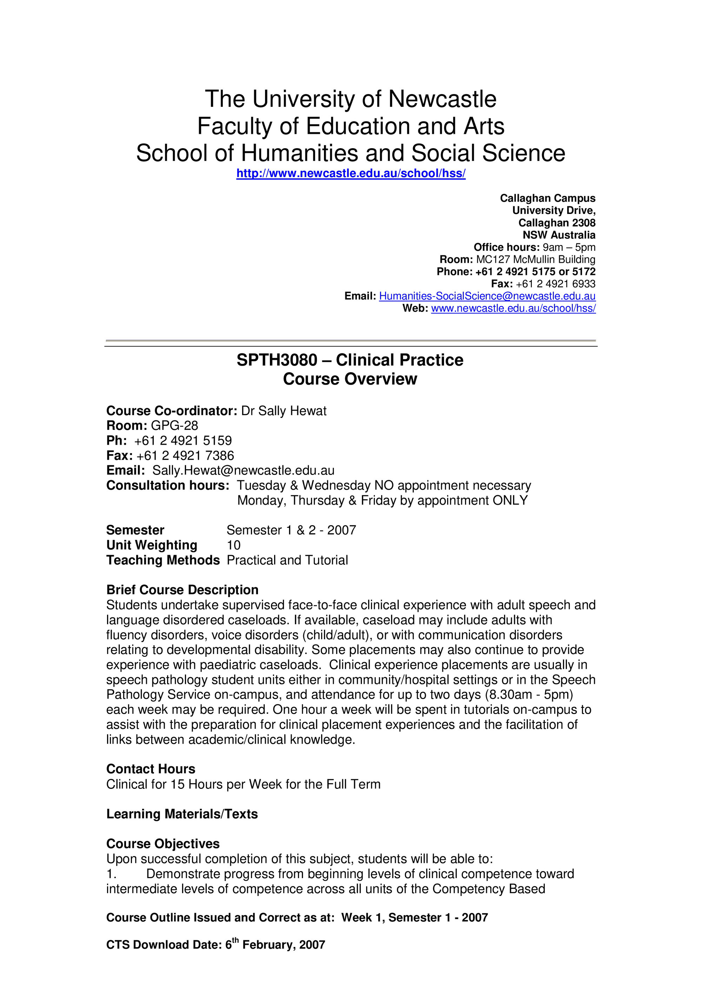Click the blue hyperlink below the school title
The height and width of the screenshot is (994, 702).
[x=351, y=174]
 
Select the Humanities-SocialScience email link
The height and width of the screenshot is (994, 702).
[x=487, y=296]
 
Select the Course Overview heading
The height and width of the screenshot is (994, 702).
[x=350, y=379]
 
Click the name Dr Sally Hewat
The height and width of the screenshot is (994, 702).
[x=284, y=411]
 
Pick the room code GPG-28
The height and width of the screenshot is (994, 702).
[x=174, y=426]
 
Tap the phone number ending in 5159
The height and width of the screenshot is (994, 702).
[x=183, y=441]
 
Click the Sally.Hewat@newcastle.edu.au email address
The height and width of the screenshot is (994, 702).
[x=244, y=471]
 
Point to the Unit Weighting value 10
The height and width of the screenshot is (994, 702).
[x=233, y=545]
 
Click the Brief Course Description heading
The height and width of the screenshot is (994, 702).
[x=182, y=590]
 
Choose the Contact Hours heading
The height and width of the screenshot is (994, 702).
[x=151, y=769]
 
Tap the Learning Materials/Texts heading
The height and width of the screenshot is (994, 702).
[x=182, y=814]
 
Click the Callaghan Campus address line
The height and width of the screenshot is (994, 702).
[x=548, y=198]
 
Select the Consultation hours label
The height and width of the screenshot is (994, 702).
[x=167, y=486]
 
